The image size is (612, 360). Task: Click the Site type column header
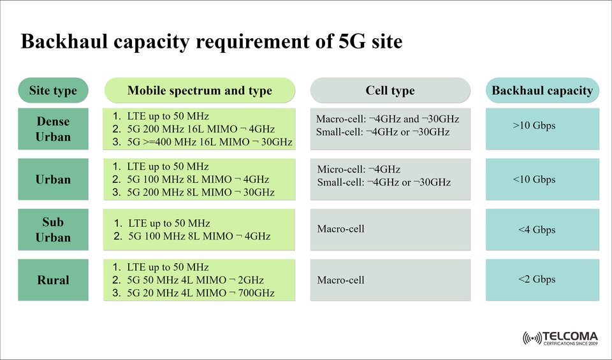click(x=53, y=90)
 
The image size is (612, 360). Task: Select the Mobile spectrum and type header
click(x=200, y=90)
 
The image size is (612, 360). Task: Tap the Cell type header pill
click(x=390, y=90)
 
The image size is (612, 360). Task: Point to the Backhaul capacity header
click(x=542, y=90)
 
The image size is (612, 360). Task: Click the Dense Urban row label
click(x=53, y=129)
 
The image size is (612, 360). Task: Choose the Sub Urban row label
click(x=53, y=229)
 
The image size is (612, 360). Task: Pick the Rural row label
click(x=53, y=280)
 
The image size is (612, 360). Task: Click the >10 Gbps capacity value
click(x=534, y=126)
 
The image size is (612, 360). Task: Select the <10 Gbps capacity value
click(x=534, y=179)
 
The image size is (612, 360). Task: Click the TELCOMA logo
click(x=560, y=338)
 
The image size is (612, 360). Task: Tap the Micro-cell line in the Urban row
click(x=358, y=169)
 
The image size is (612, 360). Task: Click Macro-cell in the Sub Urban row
click(x=340, y=229)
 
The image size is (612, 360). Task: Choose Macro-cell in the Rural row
click(x=340, y=280)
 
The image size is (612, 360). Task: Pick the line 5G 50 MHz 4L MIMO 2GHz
click(x=195, y=280)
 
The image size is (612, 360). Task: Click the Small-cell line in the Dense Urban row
click(x=382, y=132)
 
